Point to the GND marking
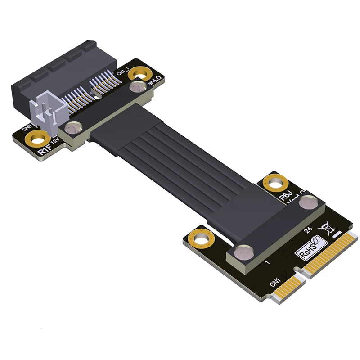(x=26, y=129)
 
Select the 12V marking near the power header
(x=55, y=143)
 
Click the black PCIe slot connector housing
(x=54, y=67)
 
